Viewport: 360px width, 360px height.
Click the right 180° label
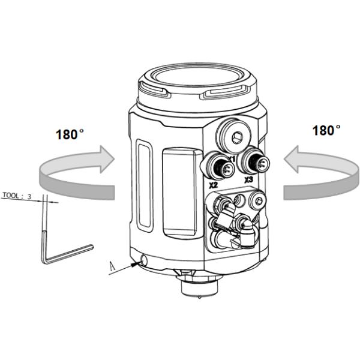click(326, 130)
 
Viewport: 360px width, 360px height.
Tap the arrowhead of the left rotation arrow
click(107, 158)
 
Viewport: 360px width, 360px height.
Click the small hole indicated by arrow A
click(143, 260)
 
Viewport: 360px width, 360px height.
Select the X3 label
click(248, 179)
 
